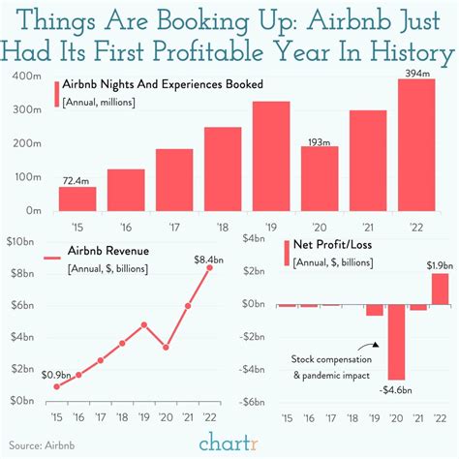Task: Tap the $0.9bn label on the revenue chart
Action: (x=56, y=373)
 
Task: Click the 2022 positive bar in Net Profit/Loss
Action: (x=439, y=289)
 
